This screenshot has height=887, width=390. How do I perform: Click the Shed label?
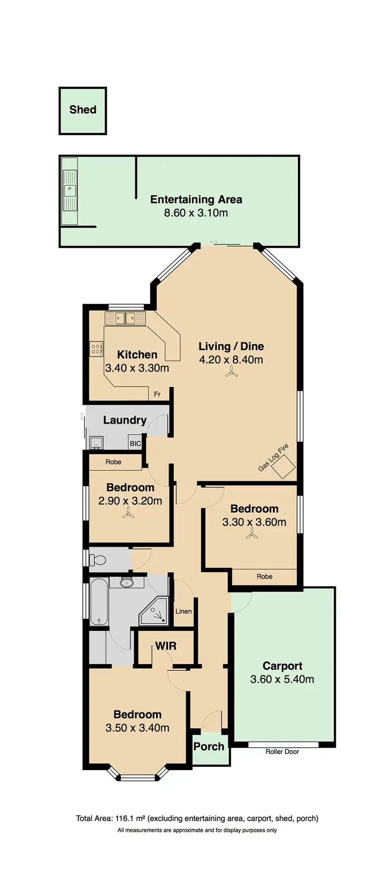pyautogui.click(x=83, y=110)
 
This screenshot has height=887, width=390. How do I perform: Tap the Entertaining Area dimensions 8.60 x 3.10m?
pyautogui.click(x=196, y=213)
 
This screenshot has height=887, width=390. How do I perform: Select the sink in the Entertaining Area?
pyautogui.click(x=69, y=191)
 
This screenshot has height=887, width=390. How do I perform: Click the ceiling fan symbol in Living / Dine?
pyautogui.click(x=231, y=372)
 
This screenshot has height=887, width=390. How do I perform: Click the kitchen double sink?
pyautogui.click(x=125, y=317)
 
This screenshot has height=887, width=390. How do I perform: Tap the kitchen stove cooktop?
pyautogui.click(x=96, y=348)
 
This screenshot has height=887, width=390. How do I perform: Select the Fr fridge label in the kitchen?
pyautogui.click(x=157, y=394)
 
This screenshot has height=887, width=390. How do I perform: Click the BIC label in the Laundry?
pyautogui.click(x=135, y=444)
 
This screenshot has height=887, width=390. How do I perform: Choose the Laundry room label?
pyautogui.click(x=125, y=420)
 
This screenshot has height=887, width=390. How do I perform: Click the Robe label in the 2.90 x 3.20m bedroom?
pyautogui.click(x=113, y=462)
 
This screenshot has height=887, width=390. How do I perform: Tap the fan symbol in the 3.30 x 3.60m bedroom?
pyautogui.click(x=253, y=534)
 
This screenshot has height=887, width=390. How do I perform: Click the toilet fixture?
pyautogui.click(x=97, y=560)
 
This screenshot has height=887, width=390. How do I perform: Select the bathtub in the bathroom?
pyautogui.click(x=99, y=602)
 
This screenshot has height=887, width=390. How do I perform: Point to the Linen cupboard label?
pyautogui.click(x=183, y=612)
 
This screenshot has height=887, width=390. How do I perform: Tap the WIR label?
pyautogui.click(x=166, y=646)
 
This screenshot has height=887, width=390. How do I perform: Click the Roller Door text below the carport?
pyautogui.click(x=282, y=751)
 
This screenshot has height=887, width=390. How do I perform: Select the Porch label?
pyautogui.click(x=209, y=747)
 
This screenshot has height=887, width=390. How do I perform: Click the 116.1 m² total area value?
pyautogui.click(x=131, y=818)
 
